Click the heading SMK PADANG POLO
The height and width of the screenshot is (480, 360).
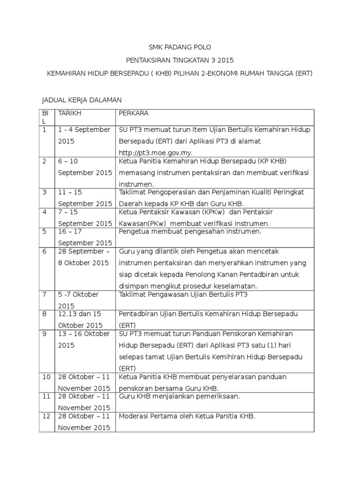pos(180,47)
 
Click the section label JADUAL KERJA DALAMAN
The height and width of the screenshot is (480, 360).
pos(82,100)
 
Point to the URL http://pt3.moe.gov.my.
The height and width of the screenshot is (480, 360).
pos(156,153)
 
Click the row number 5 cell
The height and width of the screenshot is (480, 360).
pos(45,231)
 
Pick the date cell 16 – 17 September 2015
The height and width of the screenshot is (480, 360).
pos(85,237)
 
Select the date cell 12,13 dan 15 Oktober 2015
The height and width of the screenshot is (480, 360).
pos(80,319)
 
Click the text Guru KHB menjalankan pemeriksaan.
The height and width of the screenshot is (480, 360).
pos(180,396)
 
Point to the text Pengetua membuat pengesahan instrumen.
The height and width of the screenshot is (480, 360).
pos(189,231)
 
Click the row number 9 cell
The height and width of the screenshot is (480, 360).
pos(45,334)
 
